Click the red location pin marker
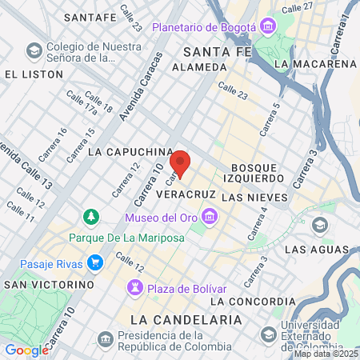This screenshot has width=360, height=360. pyautogui.click(x=180, y=163)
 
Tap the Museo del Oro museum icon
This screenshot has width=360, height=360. pyautogui.click(x=210, y=217)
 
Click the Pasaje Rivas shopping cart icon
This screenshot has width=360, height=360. pyautogui.click(x=94, y=262)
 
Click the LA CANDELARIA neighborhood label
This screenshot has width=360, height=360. pyautogui.click(x=185, y=319)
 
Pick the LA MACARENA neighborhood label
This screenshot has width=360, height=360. pyautogui.click(x=314, y=63)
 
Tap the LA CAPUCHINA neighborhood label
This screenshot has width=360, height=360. pyautogui.click(x=130, y=150)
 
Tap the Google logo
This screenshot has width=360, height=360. pyautogui.click(x=26, y=350)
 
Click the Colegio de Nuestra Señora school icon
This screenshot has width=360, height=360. pyautogui.click(x=34, y=51)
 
